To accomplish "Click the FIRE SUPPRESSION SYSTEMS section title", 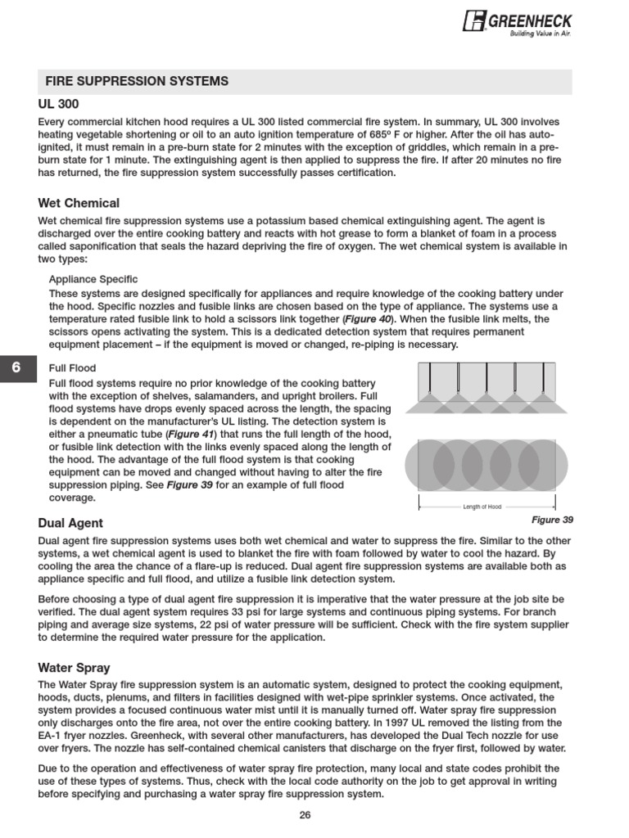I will point(137,81).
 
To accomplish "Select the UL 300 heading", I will point(58,106).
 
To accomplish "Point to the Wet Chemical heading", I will point(79,203).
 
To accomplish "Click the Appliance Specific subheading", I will point(93,279).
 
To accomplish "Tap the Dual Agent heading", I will point(70,523).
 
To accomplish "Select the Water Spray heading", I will point(74,667).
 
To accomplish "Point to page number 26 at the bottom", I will point(305,814).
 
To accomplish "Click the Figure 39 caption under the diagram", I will point(552,520).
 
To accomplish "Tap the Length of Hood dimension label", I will point(482,507).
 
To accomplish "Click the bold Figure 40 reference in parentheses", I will point(366,318).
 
